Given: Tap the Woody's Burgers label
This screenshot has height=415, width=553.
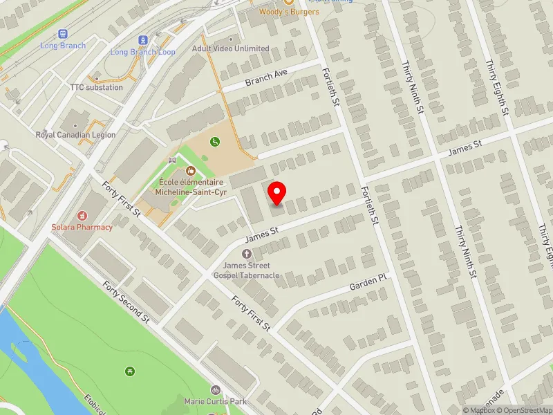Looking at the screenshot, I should (x=289, y=12).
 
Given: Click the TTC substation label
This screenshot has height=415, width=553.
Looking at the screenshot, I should (x=96, y=88).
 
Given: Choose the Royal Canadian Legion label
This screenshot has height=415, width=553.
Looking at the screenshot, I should (x=76, y=136).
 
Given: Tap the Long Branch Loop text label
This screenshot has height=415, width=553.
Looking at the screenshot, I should (x=143, y=52).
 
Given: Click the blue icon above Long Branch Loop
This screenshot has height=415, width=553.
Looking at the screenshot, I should (x=143, y=40).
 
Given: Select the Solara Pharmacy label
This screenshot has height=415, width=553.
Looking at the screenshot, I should (x=82, y=227).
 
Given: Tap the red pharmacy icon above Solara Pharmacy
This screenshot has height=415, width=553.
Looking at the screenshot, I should (x=82, y=216).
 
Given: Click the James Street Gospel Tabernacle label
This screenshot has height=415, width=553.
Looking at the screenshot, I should (x=247, y=270).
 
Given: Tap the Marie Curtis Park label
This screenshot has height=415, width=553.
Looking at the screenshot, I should (x=216, y=401).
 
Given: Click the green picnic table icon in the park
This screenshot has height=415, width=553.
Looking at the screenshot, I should (x=130, y=373).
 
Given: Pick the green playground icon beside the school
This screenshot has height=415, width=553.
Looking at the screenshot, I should (x=216, y=142).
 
